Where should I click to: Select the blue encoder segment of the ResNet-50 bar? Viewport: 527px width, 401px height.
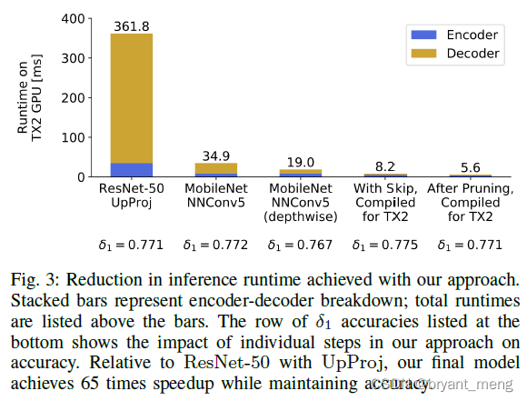coord(132,170)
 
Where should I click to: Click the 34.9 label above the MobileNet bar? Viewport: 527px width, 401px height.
coord(216,155)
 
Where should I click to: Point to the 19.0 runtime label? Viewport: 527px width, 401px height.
coord(301,162)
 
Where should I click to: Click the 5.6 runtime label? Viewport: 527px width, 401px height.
coord(471,167)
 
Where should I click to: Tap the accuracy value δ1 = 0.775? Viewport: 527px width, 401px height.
coord(386,245)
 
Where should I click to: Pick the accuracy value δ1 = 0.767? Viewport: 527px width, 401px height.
coord(301,245)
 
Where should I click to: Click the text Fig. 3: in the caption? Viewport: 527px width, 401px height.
coord(31,277)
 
